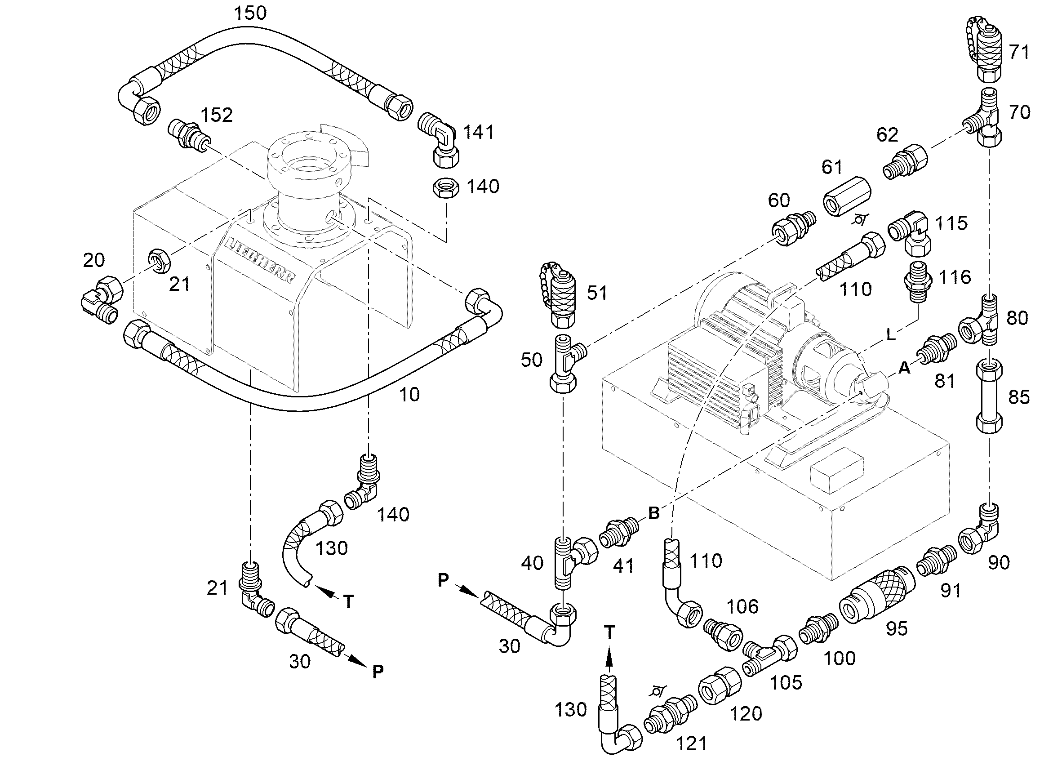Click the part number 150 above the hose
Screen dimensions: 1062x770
(250, 13)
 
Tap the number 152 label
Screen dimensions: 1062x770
(216, 115)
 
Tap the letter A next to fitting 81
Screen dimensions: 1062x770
(904, 369)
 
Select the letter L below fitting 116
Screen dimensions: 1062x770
(891, 334)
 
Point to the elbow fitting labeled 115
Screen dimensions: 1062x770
(909, 232)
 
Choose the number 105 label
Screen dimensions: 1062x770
(786, 682)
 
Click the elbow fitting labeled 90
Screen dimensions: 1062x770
(980, 529)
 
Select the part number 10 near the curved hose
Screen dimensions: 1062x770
(409, 395)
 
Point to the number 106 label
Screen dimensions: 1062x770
(742, 606)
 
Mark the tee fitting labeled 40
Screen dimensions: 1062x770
(574, 561)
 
